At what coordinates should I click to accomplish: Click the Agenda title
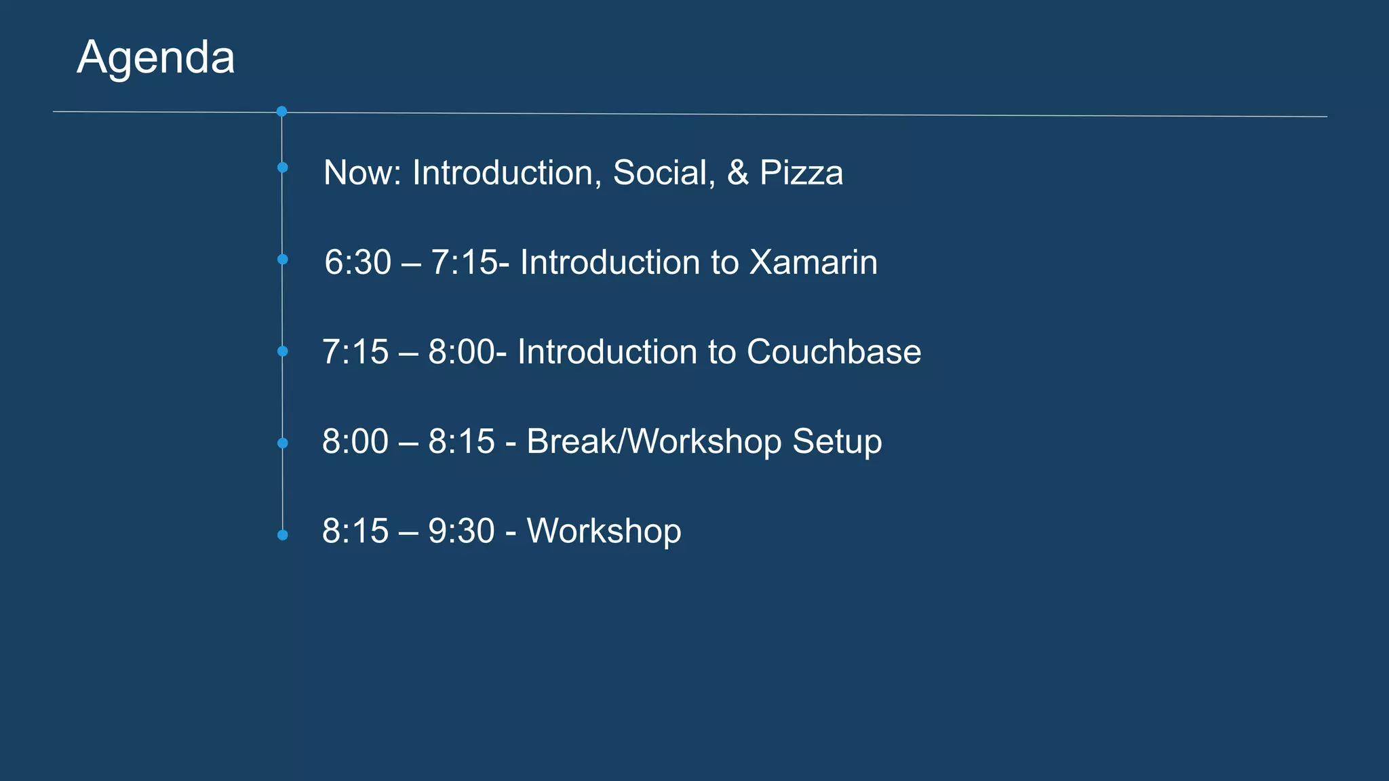(x=156, y=57)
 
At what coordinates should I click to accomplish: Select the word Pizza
(x=801, y=173)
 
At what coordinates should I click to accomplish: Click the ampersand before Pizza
(x=737, y=173)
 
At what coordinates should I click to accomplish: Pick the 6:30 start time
(x=357, y=262)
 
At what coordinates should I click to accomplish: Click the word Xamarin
(x=813, y=262)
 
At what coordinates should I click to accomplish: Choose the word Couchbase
(x=834, y=352)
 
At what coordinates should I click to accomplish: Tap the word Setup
(x=837, y=441)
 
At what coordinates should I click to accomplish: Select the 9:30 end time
(x=461, y=531)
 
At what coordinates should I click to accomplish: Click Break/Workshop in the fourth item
(x=654, y=441)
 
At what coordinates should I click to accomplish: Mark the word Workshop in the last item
(x=604, y=531)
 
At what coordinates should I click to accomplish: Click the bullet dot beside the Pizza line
(x=283, y=167)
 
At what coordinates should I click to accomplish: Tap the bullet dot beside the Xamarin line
(x=283, y=259)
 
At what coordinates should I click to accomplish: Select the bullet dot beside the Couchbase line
(x=283, y=351)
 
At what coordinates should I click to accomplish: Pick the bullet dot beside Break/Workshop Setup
(x=283, y=443)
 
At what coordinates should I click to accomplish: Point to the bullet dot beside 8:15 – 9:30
(x=283, y=535)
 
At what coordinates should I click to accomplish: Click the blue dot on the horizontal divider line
(x=282, y=111)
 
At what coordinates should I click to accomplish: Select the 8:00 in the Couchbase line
(x=461, y=352)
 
